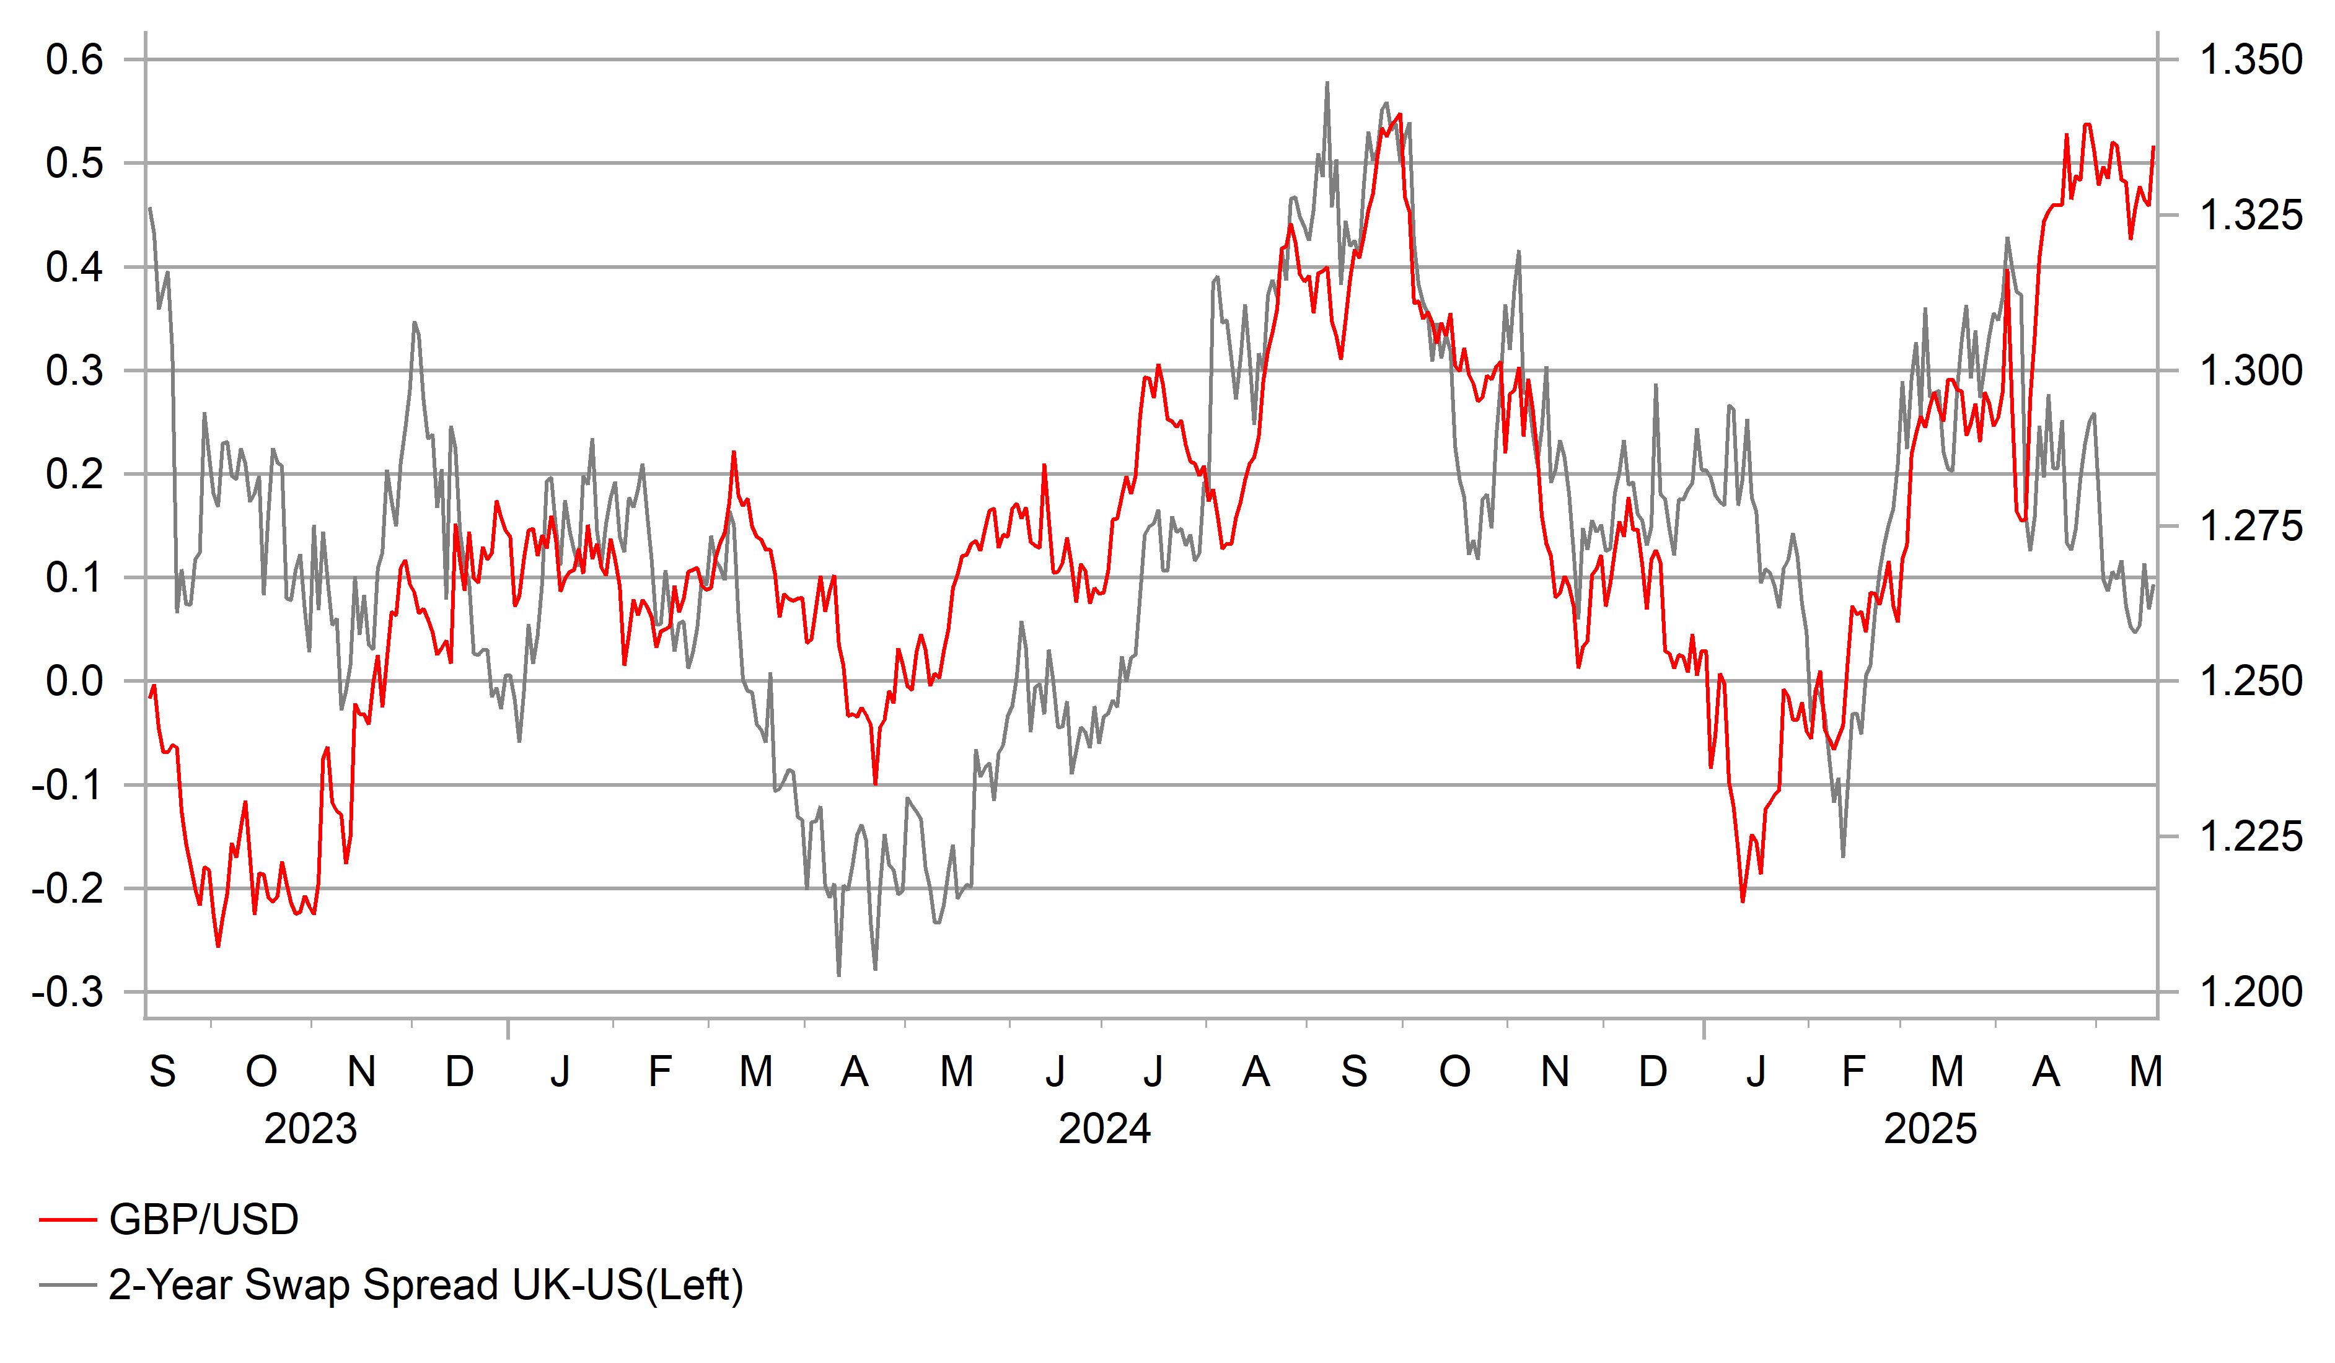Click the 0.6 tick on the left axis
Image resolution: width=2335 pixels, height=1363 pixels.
tap(74, 60)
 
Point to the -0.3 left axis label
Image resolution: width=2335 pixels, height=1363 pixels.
tap(67, 993)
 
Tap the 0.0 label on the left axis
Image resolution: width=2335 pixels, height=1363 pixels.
tap(74, 682)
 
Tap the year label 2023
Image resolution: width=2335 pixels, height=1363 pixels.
tap(310, 1129)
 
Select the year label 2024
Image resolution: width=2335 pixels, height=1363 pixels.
tap(1104, 1129)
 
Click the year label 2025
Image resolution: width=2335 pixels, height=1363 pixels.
tap(1930, 1129)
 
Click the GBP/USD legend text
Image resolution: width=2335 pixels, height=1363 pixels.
tap(204, 1219)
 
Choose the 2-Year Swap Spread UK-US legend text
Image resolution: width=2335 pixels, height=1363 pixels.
tap(426, 1285)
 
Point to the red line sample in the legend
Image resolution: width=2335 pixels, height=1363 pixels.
tap(68, 1221)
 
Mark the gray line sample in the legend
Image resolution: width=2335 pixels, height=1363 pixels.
tap(68, 1285)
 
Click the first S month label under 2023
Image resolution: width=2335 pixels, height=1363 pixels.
tap(162, 1072)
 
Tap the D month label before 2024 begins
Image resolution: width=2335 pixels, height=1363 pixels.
tap(460, 1072)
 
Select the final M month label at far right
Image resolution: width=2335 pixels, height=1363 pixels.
tap(2146, 1072)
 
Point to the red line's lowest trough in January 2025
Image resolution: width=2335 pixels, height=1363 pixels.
tap(1743, 901)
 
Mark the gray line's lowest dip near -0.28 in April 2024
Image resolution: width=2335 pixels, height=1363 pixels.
tap(838, 975)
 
